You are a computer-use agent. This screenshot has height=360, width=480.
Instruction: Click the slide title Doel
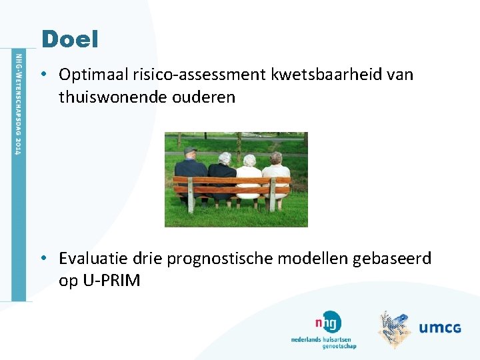point(69,39)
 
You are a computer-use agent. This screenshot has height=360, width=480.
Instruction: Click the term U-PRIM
point(111,281)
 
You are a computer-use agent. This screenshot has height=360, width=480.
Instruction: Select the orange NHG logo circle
point(330,322)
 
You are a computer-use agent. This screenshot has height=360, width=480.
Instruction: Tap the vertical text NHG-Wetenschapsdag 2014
point(19,103)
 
